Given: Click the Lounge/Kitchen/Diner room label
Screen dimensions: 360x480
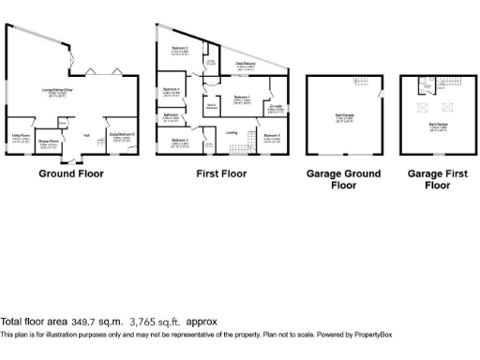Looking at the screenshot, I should click(58, 91).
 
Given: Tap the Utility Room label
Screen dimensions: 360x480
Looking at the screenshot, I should click(21, 137).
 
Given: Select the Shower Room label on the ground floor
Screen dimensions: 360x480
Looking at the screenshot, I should click(48, 142).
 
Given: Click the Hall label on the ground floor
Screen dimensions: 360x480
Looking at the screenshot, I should click(86, 137).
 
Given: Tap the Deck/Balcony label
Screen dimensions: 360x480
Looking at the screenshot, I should click(246, 65).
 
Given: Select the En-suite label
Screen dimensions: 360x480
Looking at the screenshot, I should click(277, 107).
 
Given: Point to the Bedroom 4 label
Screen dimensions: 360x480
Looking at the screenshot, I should click(172, 90).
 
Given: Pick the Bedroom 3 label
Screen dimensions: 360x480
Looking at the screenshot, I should click(180, 141).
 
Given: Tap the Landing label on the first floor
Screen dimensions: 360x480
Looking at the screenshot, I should click(232, 133).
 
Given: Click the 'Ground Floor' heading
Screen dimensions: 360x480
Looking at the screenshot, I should click(71, 173).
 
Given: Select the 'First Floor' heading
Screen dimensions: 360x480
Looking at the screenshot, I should click(221, 173).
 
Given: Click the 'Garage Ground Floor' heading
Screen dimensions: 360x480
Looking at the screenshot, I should click(344, 179).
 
